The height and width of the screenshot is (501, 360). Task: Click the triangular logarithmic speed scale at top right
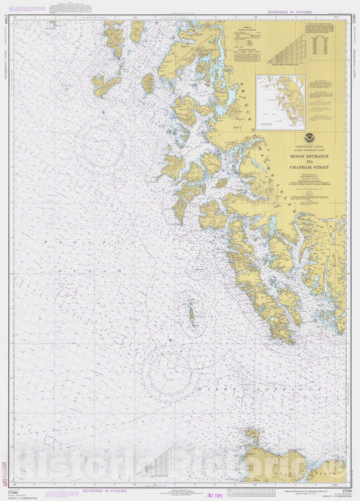294,49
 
